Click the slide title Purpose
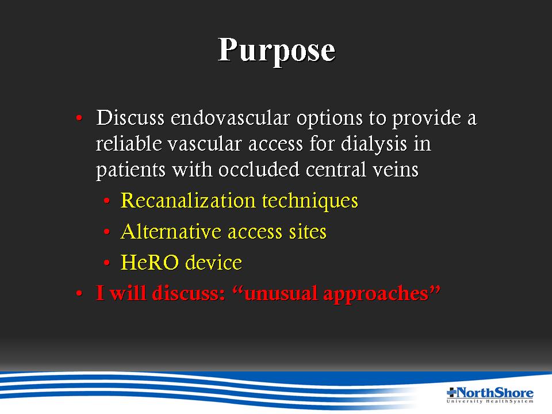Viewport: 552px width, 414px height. (x=277, y=51)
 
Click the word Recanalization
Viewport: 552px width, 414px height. (x=188, y=201)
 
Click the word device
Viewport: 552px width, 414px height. (x=214, y=263)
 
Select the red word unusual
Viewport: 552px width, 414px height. (x=281, y=293)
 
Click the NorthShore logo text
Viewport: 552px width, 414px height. (x=494, y=392)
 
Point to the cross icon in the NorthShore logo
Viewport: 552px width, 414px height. (x=451, y=392)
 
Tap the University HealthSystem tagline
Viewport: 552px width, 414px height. (x=490, y=401)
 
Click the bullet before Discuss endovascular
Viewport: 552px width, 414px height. (x=79, y=118)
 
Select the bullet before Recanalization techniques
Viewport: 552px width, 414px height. (x=107, y=201)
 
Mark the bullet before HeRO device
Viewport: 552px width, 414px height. (x=107, y=263)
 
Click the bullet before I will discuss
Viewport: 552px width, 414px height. (x=79, y=293)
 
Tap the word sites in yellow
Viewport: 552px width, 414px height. (x=307, y=232)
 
